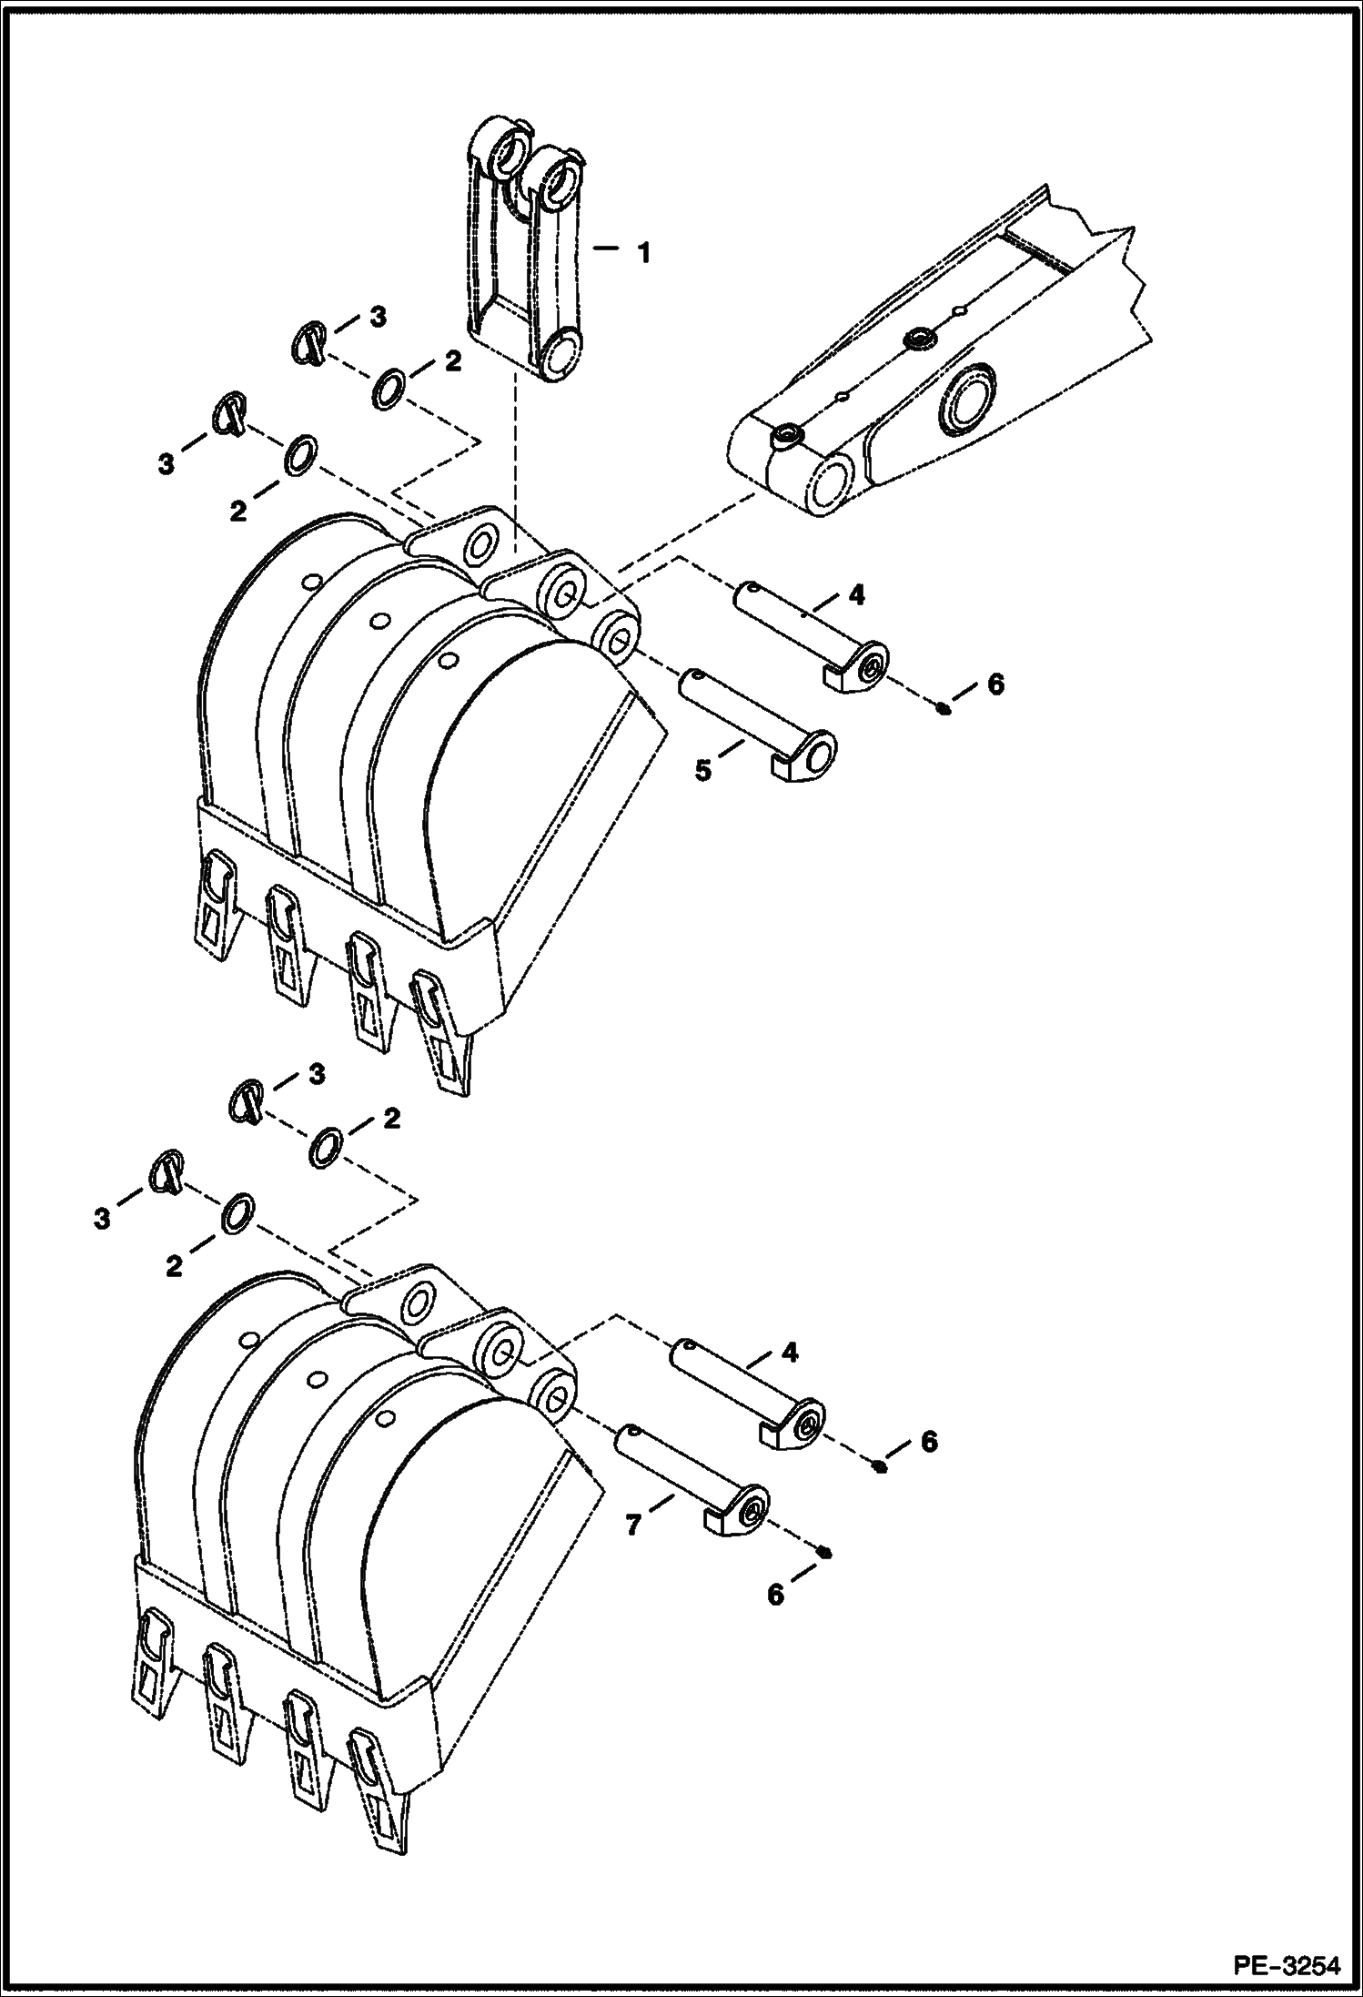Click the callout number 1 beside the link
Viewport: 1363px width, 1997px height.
pyautogui.click(x=643, y=252)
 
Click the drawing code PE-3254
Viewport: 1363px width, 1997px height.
pyautogui.click(x=1286, y=1967)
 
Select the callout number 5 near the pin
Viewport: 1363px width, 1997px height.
pyautogui.click(x=703, y=770)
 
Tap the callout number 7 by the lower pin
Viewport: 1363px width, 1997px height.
pyautogui.click(x=634, y=1524)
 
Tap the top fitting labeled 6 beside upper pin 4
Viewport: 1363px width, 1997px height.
pyautogui.click(x=943, y=707)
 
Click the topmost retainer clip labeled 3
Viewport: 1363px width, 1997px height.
pyautogui.click(x=308, y=343)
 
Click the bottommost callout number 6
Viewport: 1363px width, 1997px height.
pyautogui.click(x=775, y=1594)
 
